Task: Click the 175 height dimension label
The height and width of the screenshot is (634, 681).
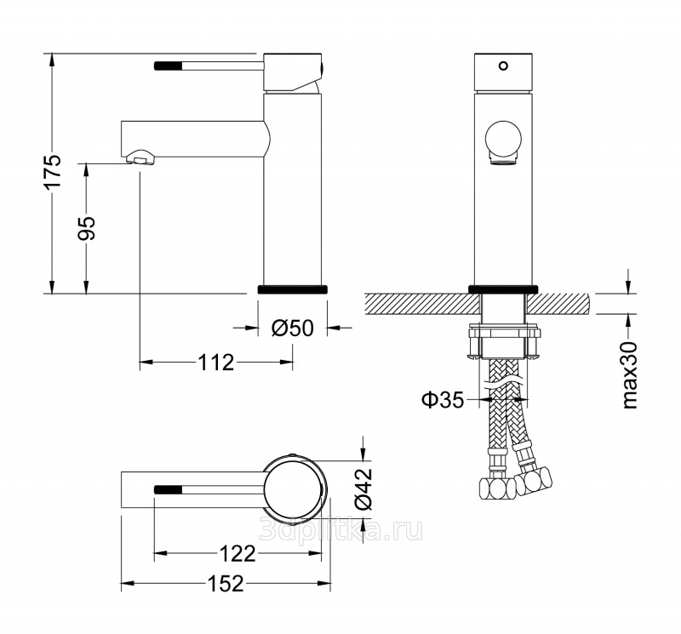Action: pos(53,171)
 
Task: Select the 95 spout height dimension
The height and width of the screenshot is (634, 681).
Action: pos(87,227)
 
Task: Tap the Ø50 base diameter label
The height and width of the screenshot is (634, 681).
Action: pos(292,328)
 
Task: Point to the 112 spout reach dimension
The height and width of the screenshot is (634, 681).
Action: pos(216,362)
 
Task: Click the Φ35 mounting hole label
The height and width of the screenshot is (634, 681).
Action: pos(443,399)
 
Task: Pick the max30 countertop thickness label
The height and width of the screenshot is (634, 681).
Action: pos(629,374)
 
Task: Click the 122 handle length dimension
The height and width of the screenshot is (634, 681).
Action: pos(237,553)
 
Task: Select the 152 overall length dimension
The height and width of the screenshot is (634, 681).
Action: pos(226,584)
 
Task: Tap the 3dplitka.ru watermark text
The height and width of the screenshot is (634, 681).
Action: pos(340,529)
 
